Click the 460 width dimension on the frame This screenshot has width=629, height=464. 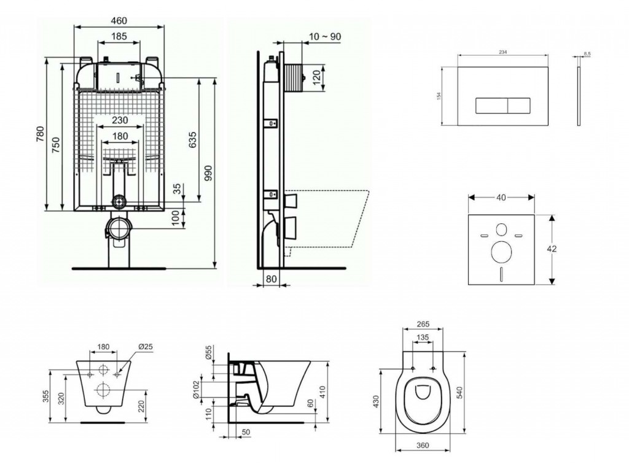click(x=119, y=20)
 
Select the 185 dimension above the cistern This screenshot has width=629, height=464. click(x=119, y=37)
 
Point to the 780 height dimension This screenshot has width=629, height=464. click(x=41, y=134)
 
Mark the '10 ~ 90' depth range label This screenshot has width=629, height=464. click(x=326, y=37)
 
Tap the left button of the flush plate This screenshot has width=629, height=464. click(x=491, y=106)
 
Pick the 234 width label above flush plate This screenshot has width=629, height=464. click(x=502, y=53)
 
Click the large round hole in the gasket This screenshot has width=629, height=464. click(x=501, y=251)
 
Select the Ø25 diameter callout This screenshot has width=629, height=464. click(x=146, y=347)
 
